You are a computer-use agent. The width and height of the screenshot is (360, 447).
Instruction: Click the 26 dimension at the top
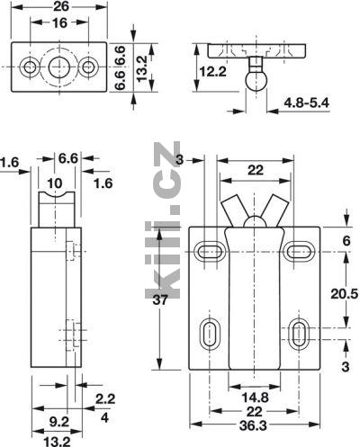pyautogui.click(x=61, y=6)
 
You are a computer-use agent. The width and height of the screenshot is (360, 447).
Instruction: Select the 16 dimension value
pyautogui.click(x=59, y=23)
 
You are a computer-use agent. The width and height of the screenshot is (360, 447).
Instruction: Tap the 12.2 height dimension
pyautogui.click(x=213, y=72)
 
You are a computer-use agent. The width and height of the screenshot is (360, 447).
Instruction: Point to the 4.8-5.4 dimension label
pyautogui.click(x=307, y=103)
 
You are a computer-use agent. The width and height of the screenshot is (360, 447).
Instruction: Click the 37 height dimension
pyautogui.click(x=159, y=299)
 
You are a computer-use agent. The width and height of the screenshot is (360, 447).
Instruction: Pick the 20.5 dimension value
pyautogui.click(x=345, y=294)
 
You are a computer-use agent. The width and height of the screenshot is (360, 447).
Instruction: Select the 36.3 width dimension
pyautogui.click(x=253, y=426)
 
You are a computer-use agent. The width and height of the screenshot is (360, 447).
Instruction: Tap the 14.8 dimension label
pyautogui.click(x=255, y=398)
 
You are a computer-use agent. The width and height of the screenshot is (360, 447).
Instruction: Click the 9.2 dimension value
pyautogui.click(x=59, y=422)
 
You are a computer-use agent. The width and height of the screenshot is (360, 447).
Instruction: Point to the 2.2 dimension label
pyautogui.click(x=105, y=399)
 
